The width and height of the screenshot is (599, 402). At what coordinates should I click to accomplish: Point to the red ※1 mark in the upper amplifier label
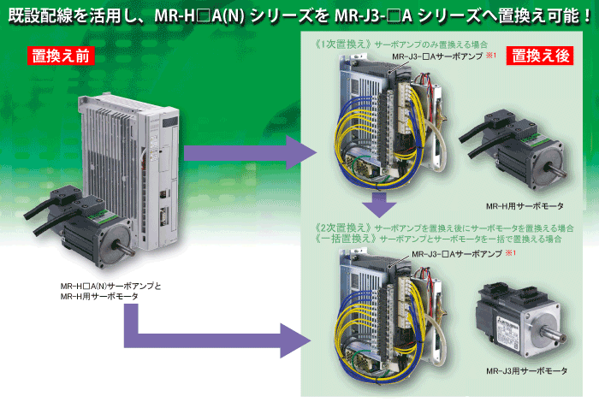point(491,56)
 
